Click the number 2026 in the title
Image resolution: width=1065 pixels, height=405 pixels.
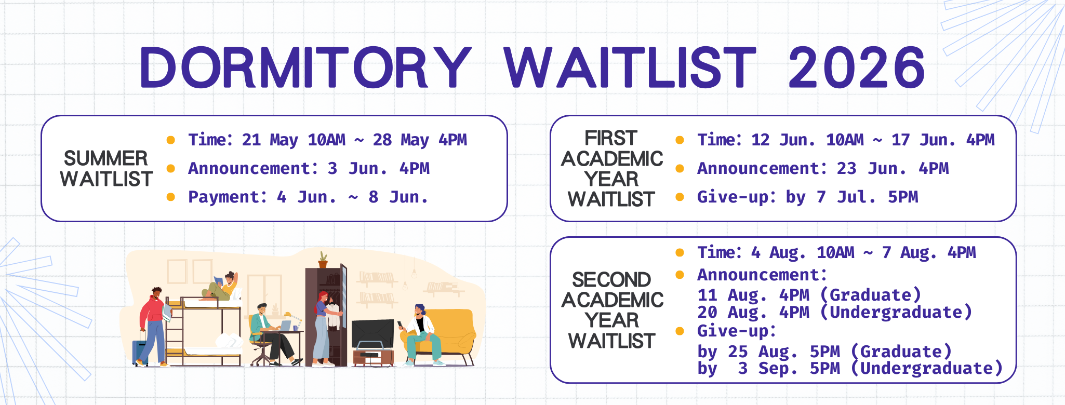856,67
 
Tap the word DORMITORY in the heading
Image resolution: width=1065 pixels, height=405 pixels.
305,67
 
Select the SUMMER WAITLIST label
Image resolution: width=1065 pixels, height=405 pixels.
106,168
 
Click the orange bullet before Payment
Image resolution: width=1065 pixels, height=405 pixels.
170,197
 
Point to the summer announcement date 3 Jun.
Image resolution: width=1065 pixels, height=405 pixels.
357,168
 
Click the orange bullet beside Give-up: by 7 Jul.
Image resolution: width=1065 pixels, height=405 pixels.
680,197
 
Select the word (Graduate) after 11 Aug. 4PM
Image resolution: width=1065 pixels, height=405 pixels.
871,295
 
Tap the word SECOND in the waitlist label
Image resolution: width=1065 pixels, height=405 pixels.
611,280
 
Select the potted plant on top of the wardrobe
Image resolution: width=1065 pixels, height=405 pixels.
323,260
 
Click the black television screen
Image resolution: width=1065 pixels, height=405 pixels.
372,334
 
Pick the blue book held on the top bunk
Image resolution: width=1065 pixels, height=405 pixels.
218,281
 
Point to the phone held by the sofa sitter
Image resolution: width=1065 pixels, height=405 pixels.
400,325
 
